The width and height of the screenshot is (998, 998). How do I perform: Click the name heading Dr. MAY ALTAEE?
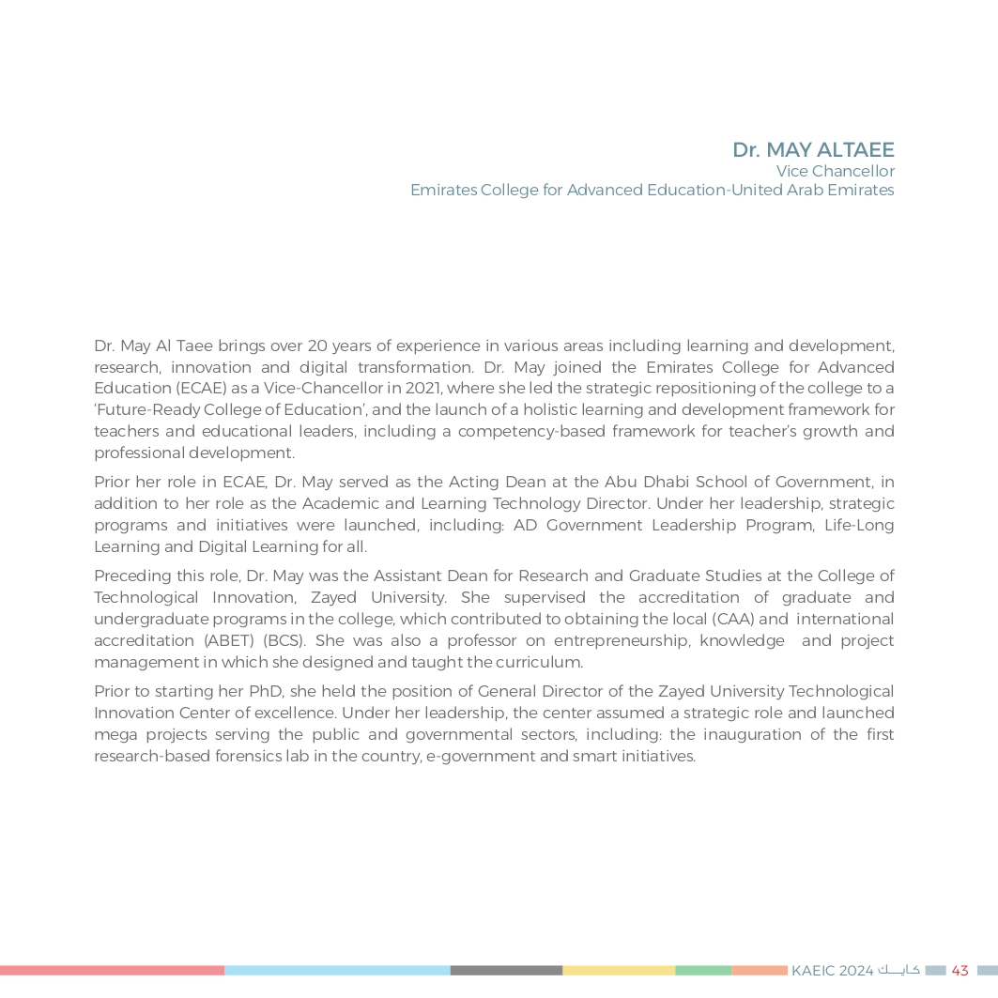point(813,150)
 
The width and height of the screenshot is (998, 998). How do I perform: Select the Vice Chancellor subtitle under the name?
point(835,171)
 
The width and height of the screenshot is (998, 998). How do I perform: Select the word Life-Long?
point(858,526)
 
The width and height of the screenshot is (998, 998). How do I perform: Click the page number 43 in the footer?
point(960,971)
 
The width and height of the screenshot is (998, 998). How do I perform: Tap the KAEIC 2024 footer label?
point(833,971)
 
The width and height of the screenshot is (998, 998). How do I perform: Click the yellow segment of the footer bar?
point(618,971)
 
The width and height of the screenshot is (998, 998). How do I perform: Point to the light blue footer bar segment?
point(337,971)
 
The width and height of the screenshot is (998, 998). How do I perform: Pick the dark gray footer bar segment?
point(506,971)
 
